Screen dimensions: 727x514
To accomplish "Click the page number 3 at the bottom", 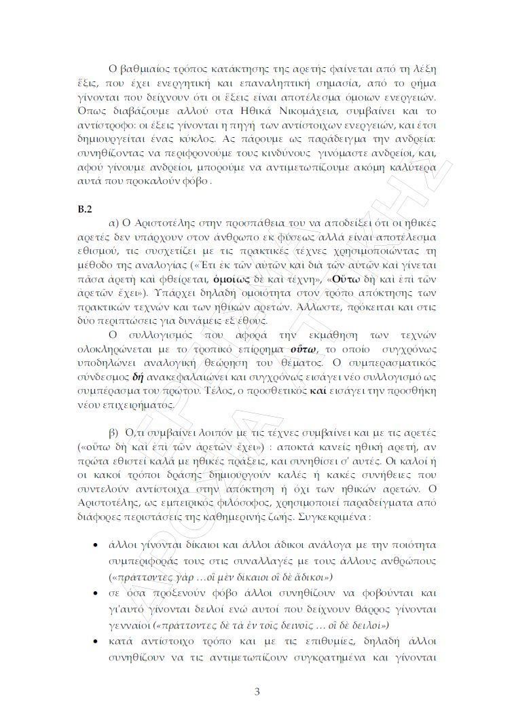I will point(257,692).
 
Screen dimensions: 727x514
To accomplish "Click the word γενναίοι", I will point(130,624).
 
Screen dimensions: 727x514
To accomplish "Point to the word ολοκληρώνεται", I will point(112,350).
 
